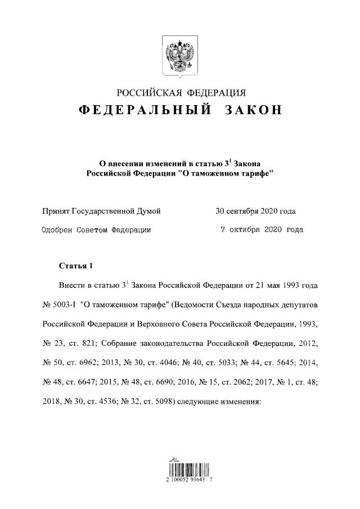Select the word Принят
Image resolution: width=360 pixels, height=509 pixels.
point(56,211)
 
